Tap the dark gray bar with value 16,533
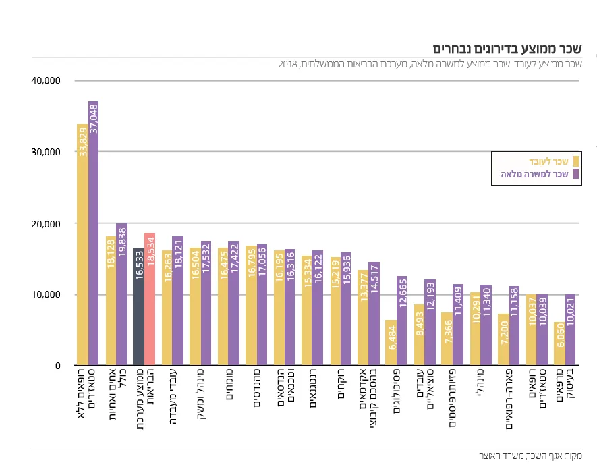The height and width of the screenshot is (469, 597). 138,307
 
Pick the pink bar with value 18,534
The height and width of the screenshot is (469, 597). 150,300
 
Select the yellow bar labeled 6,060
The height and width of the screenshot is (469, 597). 559,344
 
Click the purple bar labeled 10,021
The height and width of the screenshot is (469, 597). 570,330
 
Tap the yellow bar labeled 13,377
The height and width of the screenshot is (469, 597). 363,318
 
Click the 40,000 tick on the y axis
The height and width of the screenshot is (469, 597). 46,81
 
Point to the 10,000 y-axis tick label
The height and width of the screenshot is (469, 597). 46,295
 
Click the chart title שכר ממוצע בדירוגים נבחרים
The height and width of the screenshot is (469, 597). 507,49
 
